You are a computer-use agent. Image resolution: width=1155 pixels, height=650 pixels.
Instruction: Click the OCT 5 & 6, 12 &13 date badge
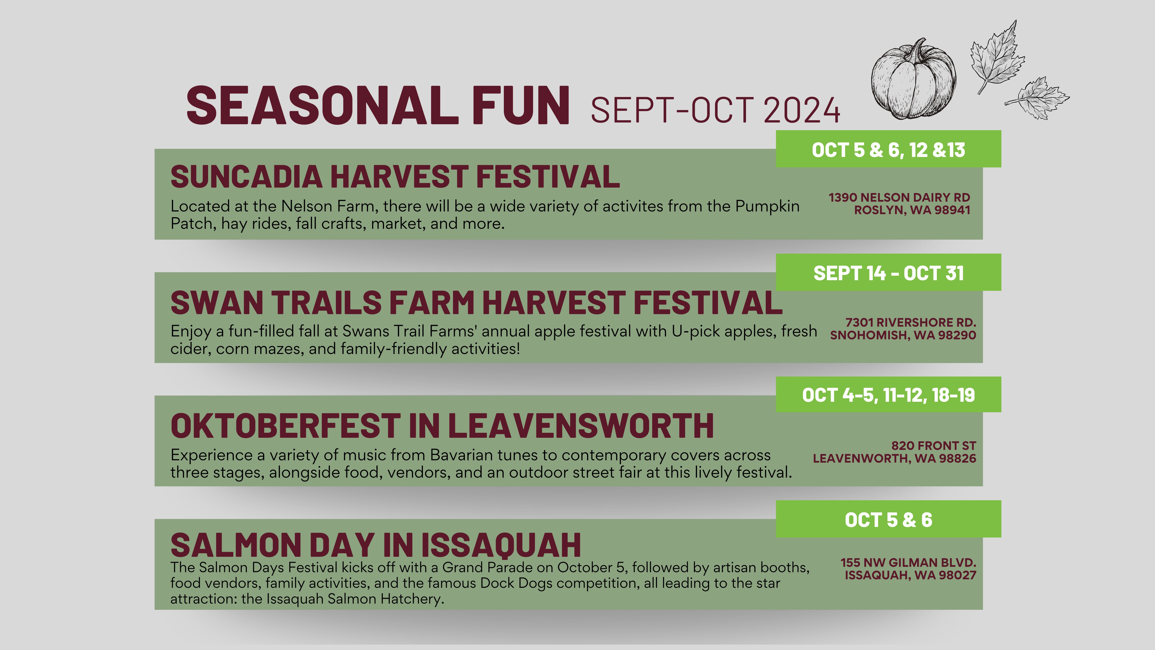pos(888,149)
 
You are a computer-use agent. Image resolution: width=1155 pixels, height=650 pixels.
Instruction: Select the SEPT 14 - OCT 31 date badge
pos(888,272)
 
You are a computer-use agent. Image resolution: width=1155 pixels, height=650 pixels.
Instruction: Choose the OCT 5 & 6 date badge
pos(888,519)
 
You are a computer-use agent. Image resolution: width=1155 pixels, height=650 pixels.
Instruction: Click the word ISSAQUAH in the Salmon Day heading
pos(501,545)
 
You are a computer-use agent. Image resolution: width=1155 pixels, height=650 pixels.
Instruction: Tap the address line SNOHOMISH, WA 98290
pos(903,335)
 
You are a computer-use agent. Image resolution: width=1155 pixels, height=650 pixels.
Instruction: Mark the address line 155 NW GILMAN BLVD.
pos(908,563)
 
